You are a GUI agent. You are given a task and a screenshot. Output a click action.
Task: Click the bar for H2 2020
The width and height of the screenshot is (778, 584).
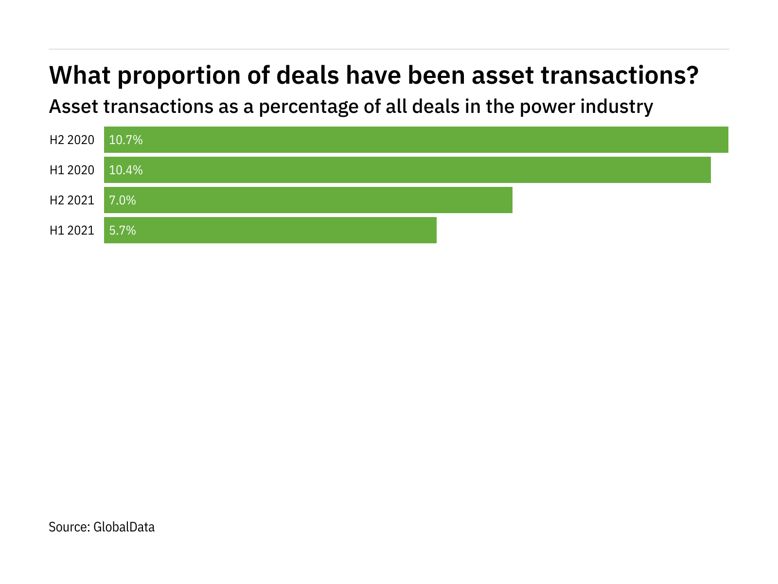416,140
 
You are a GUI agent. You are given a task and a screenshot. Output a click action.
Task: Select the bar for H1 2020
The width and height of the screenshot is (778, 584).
407,170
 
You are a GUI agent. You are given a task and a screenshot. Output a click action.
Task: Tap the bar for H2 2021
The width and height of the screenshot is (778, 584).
308,200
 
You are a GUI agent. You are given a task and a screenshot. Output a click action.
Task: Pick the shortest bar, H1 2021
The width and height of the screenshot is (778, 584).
270,230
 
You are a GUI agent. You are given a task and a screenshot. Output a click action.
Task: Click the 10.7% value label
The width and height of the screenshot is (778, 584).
126,140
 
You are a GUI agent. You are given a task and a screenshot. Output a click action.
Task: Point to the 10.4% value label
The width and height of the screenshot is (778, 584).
126,170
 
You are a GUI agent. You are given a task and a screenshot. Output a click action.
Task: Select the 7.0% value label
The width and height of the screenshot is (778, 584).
123,201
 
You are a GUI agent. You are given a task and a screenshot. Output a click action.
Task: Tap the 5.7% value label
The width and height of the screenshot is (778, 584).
123,231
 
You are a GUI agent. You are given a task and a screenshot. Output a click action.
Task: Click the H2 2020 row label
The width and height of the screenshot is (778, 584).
72,140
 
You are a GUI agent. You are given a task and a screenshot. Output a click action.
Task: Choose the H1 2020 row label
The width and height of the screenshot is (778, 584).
72,170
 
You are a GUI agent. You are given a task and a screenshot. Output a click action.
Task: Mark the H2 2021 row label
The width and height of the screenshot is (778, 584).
72,201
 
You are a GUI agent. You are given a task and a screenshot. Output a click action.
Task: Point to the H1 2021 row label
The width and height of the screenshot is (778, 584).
72,231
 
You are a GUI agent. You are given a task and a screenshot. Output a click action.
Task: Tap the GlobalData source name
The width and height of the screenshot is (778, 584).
124,527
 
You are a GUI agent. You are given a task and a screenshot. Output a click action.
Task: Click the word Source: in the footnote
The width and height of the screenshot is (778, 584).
69,527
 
